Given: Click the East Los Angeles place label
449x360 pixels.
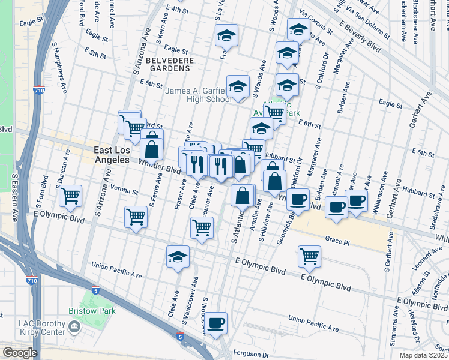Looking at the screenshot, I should point(112,154).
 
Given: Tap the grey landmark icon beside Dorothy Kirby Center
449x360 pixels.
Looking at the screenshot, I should point(74,327).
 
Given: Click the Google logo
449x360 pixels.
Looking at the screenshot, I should point(20,353).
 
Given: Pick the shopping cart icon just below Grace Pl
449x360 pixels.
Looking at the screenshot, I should point(309,256).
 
